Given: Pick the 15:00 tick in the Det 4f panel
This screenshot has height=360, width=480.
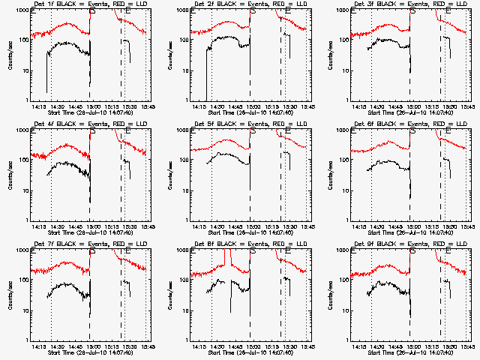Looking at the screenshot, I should tap(92, 226).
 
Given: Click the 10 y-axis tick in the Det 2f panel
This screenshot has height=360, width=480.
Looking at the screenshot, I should tap(182, 70).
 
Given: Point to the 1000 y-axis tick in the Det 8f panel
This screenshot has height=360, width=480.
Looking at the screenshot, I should tap(179, 251).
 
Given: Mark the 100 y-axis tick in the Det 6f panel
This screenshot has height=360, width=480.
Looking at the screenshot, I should tap(340, 160).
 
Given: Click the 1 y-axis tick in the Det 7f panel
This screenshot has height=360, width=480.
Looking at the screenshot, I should tap(25, 340).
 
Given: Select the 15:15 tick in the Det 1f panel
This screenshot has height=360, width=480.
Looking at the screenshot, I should tap(110, 106).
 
